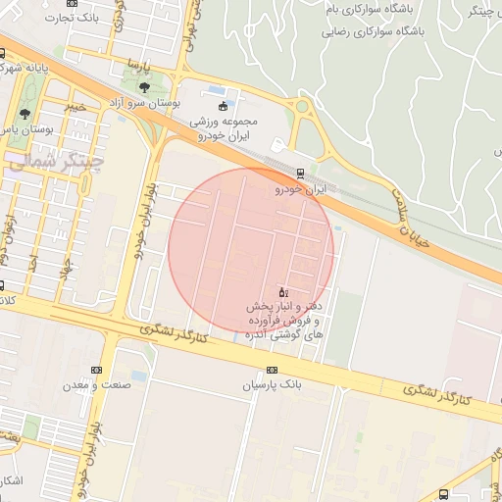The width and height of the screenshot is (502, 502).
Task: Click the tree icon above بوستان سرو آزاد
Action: tap(145, 88)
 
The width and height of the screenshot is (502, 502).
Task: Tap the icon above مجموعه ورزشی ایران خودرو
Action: tap(222, 106)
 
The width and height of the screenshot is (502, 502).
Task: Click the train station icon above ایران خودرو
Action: tap(300, 175)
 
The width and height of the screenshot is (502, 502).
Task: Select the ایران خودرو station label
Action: tap(298, 188)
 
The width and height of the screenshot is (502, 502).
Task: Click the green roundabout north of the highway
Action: tap(303, 107)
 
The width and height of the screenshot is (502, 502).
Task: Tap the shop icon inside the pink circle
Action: tap(284, 292)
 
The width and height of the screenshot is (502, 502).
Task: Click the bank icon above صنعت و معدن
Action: tap(95, 369)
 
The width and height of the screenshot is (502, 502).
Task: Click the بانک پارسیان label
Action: tap(268, 384)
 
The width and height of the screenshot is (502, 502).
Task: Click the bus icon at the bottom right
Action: tap(444, 494)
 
